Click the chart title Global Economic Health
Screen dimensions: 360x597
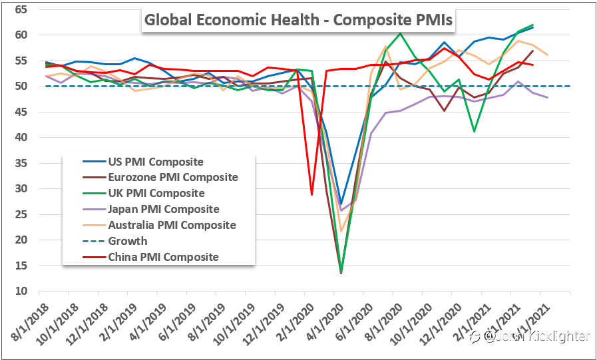coord(298,21)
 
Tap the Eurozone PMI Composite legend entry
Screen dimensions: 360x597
coord(172,177)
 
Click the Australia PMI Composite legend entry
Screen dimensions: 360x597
coord(172,225)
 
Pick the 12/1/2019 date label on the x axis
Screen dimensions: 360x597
coord(260,323)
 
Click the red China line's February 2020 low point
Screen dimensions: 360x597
coord(311,194)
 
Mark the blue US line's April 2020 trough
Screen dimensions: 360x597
coord(341,204)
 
